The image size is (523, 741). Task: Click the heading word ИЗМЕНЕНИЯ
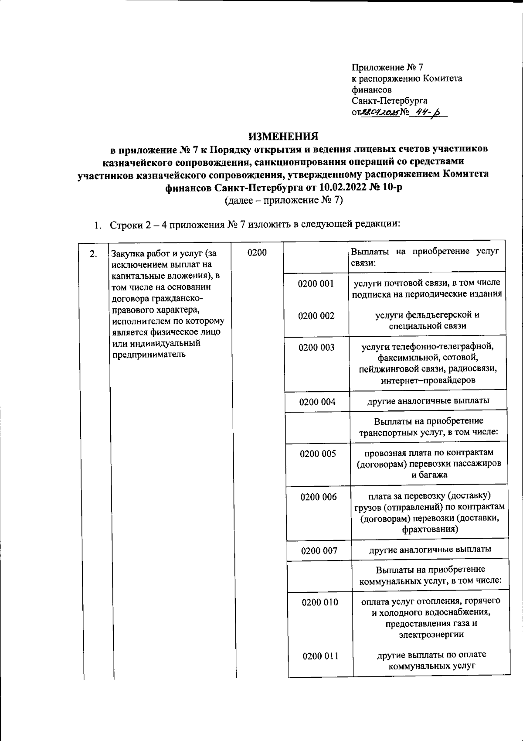tap(283, 137)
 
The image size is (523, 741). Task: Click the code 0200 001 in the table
tap(316, 284)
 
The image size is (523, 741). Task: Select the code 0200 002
tap(316, 316)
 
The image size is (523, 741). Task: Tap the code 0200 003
tap(316, 348)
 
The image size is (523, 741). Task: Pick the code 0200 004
tap(317, 402)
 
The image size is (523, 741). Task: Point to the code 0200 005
tap(318, 454)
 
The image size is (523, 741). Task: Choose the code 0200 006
tap(318, 497)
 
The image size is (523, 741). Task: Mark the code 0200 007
tap(319, 551)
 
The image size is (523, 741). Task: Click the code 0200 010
tap(319, 602)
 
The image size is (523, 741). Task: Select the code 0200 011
tap(320, 656)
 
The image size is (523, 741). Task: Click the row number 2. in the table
tap(93, 254)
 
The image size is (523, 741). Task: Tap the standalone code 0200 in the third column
tap(257, 253)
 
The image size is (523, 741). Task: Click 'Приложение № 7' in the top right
tap(387, 68)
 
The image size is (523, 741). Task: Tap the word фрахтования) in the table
tap(430, 529)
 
